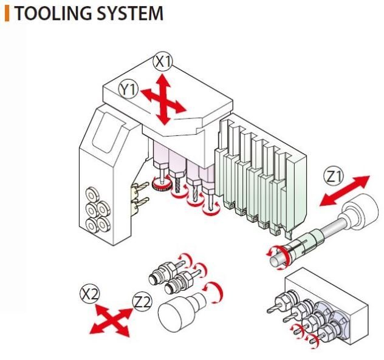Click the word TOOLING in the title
pyautogui.click(x=53, y=13)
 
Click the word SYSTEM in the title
pyautogui.click(x=130, y=13)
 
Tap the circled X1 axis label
pyautogui.click(x=163, y=62)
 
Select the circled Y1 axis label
pyautogui.click(x=129, y=90)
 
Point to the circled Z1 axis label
pyautogui.click(x=334, y=177)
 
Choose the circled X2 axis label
pyautogui.click(x=90, y=294)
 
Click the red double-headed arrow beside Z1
pyautogui.click(x=345, y=191)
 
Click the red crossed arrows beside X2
pyautogui.click(x=111, y=320)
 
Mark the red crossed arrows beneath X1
pyautogui.click(x=163, y=100)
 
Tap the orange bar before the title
pyautogui.click(x=7, y=13)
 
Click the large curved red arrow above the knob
pyautogui.click(x=216, y=292)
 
